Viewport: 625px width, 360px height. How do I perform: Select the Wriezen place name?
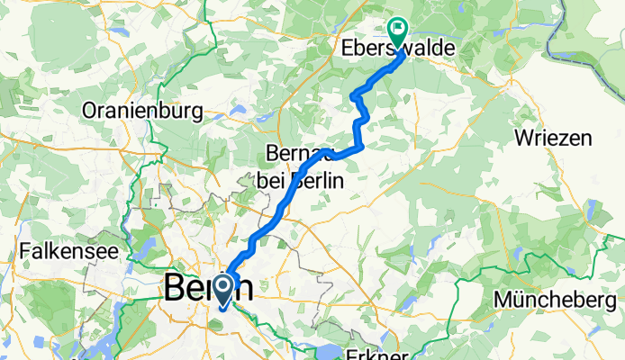554,138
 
